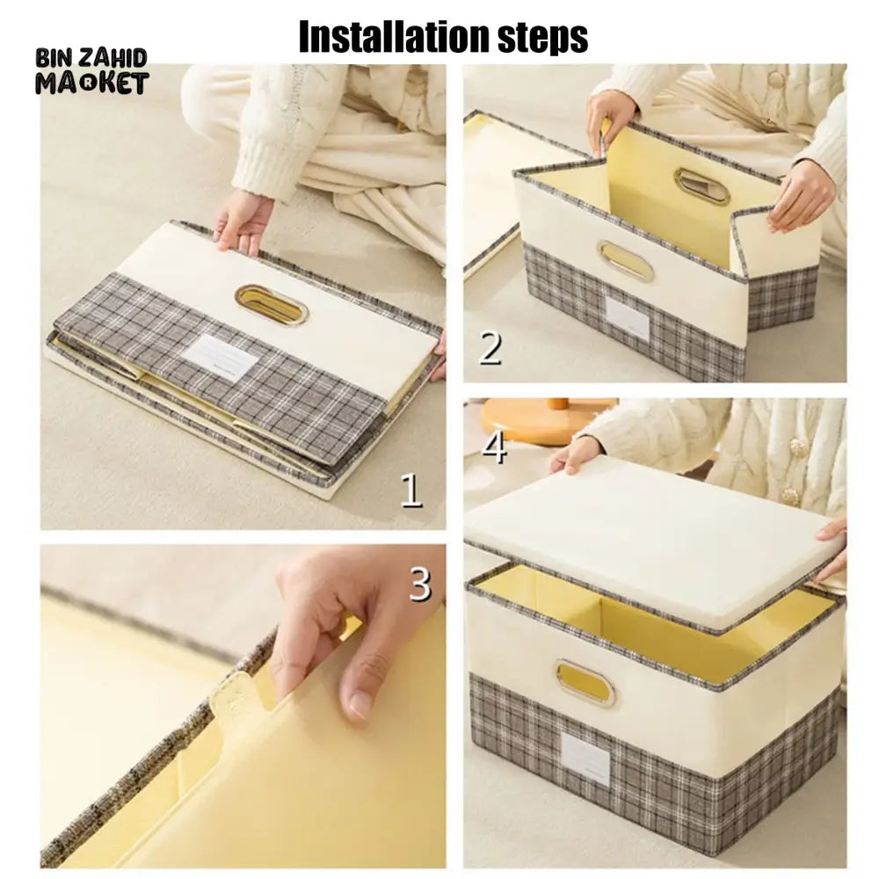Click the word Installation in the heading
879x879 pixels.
pos(391,37)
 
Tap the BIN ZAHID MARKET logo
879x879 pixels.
pos(92,71)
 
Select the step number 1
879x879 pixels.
pos(410,490)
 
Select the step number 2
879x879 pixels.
pos(490,348)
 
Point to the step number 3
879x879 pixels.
pos(420,585)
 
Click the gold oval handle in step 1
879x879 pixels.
pos(272,304)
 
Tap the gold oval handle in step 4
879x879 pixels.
pos(585,681)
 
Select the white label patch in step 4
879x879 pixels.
pos(585,760)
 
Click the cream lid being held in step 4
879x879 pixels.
pos(652,537)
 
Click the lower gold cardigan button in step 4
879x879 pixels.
pos(791,496)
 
